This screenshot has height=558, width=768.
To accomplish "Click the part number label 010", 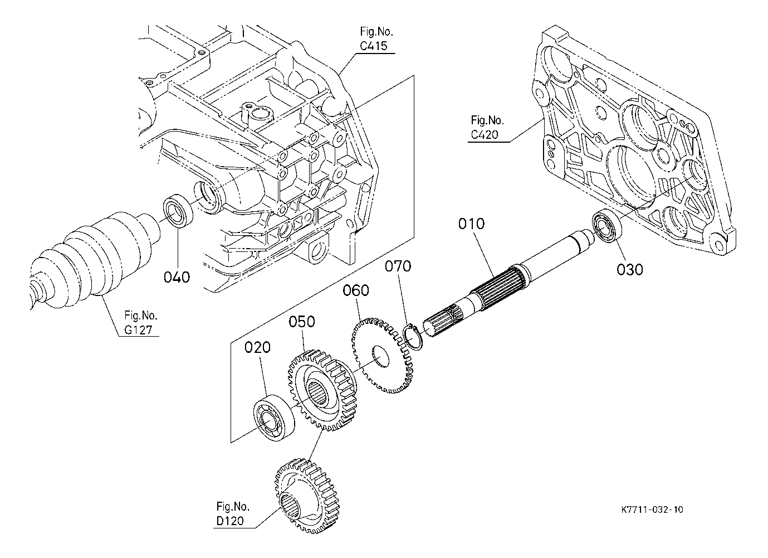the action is (471, 224).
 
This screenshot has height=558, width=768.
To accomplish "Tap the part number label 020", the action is (257, 348).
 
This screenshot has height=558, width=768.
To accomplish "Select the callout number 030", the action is (630, 269).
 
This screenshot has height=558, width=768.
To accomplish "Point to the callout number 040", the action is (177, 277).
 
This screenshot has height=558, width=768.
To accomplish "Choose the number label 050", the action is (302, 322).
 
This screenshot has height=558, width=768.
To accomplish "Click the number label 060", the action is (356, 290).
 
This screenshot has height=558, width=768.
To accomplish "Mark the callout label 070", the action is (398, 266).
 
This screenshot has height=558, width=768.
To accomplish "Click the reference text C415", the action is (373, 46).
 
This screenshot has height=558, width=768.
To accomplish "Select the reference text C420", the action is (485, 134).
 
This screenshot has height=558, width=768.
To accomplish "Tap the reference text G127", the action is (138, 330).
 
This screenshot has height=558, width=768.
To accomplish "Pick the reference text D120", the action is (230, 521).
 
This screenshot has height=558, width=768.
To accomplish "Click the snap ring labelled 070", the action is (413, 338).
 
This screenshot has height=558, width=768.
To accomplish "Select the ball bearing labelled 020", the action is (273, 418).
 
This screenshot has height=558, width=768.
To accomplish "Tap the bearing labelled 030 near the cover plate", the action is (607, 226).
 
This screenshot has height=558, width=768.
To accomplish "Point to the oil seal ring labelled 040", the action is (178, 210).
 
